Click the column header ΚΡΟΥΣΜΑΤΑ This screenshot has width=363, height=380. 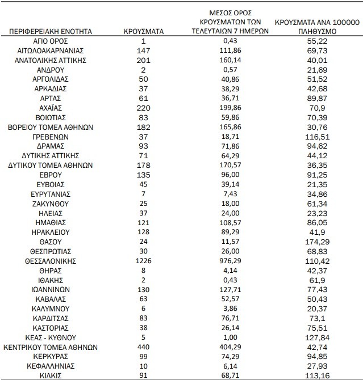click(x=143, y=31)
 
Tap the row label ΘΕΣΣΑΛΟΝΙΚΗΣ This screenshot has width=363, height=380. click(x=50, y=261)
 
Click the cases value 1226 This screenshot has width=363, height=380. click(x=143, y=261)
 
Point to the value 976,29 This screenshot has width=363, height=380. click(x=230, y=261)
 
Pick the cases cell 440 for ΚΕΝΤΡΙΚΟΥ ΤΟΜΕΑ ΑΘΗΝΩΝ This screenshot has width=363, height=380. click(x=143, y=347)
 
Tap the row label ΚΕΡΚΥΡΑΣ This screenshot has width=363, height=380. click(x=50, y=356)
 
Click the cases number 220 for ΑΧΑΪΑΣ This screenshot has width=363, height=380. click(x=143, y=108)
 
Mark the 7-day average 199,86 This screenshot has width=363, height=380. click(x=230, y=108)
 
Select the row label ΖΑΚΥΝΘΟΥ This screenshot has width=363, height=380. click(x=50, y=204)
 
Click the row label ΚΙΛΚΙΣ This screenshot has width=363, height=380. click(x=50, y=375)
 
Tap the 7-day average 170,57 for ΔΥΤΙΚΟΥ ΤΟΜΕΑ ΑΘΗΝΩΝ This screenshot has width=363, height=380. click(x=230, y=165)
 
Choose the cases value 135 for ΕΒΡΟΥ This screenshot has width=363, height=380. click(x=143, y=175)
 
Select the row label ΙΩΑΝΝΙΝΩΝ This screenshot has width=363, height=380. click(x=50, y=289)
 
